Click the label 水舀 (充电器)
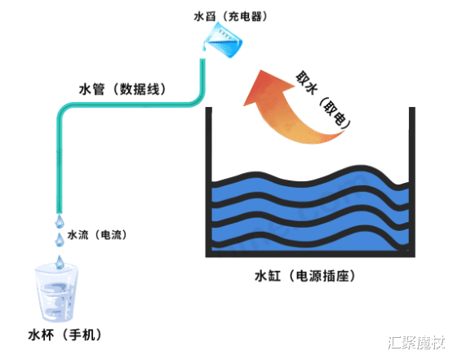pos(231,16)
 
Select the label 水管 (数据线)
pos(115,88)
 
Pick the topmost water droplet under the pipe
pos(59,220)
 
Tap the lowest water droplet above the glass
pos(59,260)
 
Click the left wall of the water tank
pos(207,180)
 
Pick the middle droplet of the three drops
pos(59,240)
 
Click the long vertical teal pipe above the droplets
pos(58,163)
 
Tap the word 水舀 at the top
pos(205,16)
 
